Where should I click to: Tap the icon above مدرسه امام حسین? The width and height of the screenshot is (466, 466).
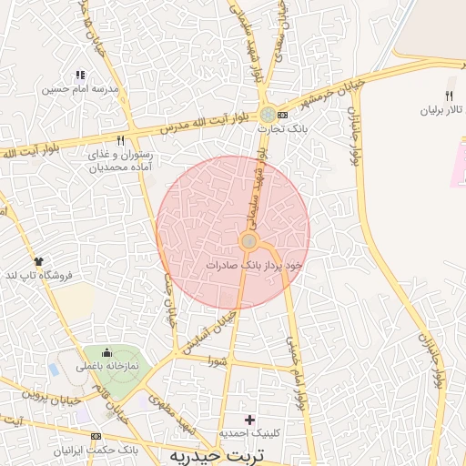point(80,75)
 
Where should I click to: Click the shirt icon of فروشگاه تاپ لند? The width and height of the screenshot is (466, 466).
point(38,262)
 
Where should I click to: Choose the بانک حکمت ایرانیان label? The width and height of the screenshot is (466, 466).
point(96,450)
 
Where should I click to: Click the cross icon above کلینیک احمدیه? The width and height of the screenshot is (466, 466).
point(250,420)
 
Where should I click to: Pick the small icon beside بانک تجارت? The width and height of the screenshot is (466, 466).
point(283,115)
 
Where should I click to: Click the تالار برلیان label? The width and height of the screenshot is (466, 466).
point(441,109)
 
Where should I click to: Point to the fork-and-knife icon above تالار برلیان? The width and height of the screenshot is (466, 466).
point(448,95)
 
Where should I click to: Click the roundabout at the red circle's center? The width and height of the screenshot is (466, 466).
point(248,240)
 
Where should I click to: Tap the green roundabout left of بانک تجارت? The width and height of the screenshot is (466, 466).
point(267,115)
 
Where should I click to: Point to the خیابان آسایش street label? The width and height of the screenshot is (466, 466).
point(211,331)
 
